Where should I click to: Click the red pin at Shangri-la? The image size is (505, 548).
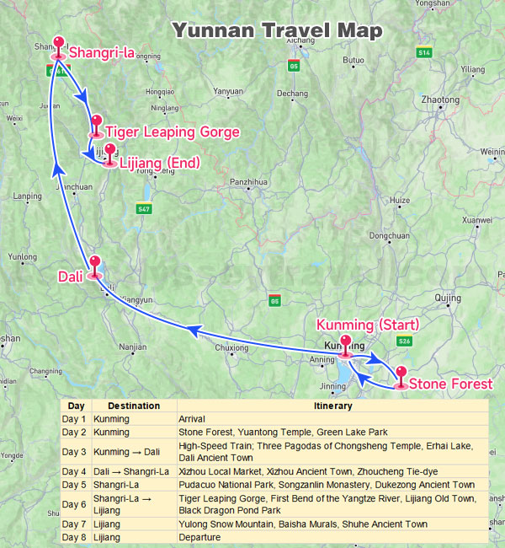(x=59, y=44)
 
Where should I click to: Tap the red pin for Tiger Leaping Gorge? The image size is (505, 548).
(x=96, y=123)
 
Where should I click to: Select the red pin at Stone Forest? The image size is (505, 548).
(x=401, y=375)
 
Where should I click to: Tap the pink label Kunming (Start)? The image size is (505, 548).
(x=367, y=325)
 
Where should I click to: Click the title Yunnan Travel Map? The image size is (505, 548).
(x=277, y=32)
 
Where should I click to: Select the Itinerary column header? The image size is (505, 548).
(x=332, y=406)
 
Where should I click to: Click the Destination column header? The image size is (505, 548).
(x=134, y=406)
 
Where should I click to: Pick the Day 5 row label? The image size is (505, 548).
(x=74, y=485)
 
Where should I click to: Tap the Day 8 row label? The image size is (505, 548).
(x=74, y=537)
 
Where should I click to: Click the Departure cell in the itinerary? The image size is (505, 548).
(x=199, y=537)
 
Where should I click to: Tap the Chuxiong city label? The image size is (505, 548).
(x=231, y=347)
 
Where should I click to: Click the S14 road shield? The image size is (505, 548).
(x=423, y=52)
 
